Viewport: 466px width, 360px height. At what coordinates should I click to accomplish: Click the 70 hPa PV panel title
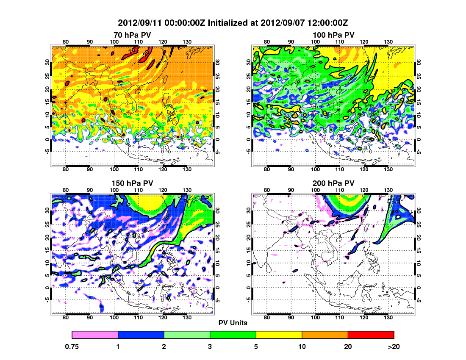point(132,35)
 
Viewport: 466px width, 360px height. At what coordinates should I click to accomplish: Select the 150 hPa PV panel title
point(132,183)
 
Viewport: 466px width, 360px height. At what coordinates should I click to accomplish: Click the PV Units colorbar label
point(233,323)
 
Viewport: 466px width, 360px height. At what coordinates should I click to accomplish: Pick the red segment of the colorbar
point(371,335)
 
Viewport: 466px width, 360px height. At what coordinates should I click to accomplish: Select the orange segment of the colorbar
point(325,335)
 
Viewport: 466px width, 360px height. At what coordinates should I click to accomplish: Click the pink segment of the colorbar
point(95,335)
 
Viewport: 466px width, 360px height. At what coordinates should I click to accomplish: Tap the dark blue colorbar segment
point(141,335)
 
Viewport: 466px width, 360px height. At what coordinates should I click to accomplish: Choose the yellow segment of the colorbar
point(279,335)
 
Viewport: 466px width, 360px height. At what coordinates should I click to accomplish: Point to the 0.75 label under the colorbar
point(72,346)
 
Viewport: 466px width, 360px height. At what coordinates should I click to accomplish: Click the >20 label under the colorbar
point(394,346)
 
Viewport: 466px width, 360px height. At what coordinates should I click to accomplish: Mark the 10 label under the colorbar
point(302,346)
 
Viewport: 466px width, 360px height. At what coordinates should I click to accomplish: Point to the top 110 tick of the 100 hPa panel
point(339,42)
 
